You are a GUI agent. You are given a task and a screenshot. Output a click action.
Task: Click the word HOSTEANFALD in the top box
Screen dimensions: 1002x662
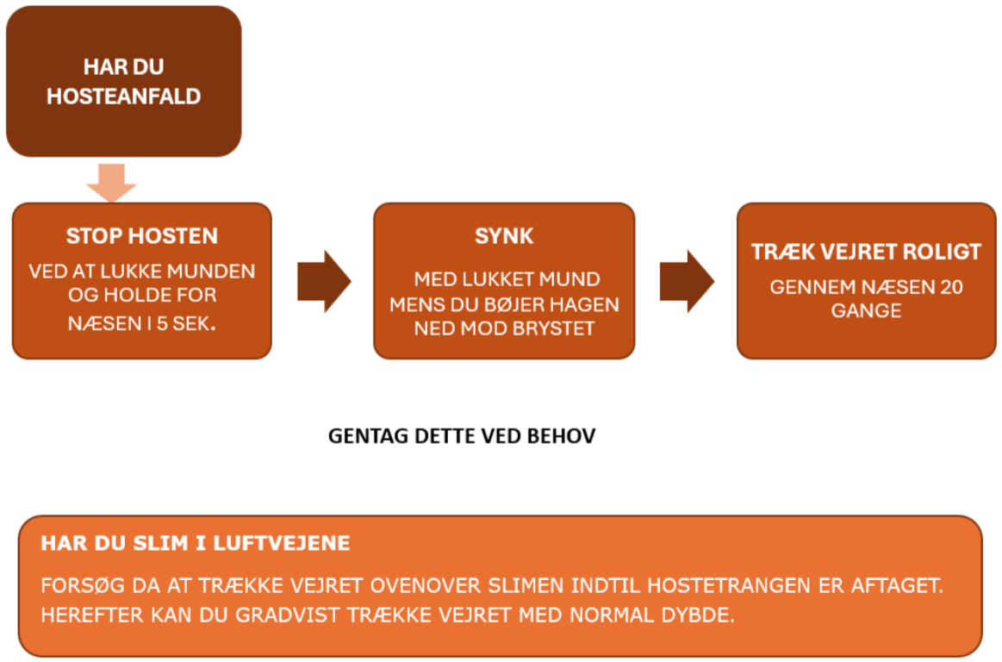coord(124,97)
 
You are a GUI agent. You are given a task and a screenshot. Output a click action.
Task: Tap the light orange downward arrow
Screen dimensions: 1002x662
coord(111,183)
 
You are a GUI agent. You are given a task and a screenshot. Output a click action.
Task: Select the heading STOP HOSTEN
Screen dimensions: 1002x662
coord(142,236)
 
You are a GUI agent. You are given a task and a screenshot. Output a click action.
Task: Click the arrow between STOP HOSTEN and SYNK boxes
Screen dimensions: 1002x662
coord(324,281)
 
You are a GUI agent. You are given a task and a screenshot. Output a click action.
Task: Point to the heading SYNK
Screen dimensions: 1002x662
coord(504,236)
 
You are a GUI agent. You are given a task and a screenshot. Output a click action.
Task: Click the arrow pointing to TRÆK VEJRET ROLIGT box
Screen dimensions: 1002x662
coord(687,281)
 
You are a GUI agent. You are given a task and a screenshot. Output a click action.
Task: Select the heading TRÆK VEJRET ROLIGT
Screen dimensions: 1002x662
coord(866,252)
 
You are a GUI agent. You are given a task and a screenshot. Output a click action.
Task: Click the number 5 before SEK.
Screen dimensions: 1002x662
coord(162,323)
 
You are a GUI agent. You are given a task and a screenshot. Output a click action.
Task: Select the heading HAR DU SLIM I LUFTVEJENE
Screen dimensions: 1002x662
coord(196,543)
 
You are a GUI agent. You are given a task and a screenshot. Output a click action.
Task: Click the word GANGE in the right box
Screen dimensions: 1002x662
coord(866,311)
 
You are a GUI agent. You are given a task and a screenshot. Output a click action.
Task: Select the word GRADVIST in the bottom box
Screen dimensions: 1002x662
coord(288,615)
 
